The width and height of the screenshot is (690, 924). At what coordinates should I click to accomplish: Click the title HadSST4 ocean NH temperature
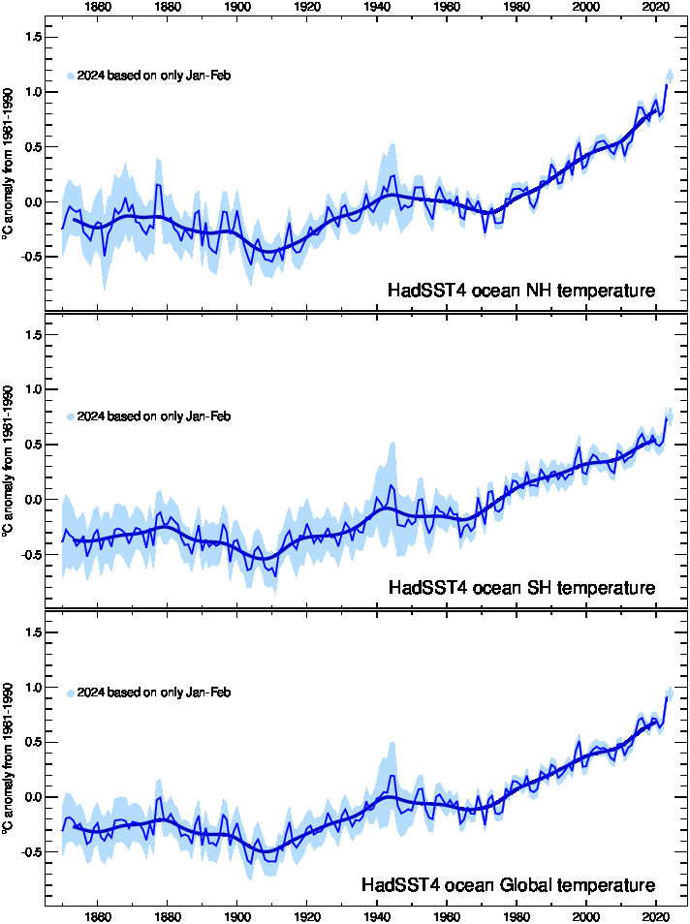521,291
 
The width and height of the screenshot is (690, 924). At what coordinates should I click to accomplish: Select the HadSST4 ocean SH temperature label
521,588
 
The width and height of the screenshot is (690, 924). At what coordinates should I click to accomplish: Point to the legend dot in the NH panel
71,76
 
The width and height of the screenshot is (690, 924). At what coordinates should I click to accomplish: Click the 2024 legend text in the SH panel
153,416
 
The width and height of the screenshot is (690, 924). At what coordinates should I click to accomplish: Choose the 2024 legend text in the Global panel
153,693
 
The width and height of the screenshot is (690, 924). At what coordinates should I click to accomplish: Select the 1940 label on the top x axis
377,8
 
